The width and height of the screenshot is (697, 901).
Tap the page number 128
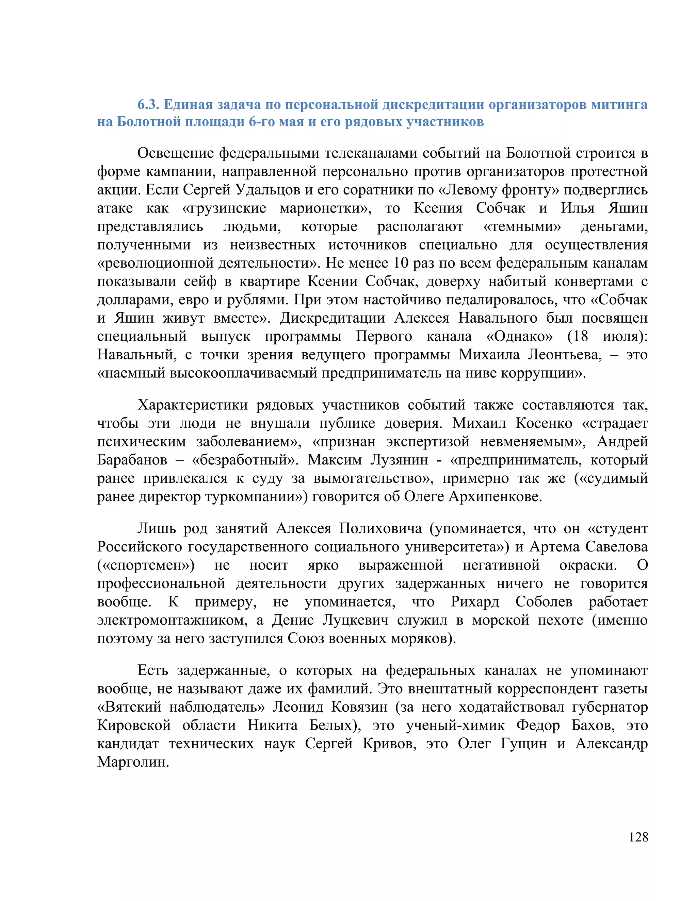pos(638,837)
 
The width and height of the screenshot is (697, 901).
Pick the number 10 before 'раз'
pos(401,263)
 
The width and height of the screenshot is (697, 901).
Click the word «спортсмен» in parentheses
pos(146,565)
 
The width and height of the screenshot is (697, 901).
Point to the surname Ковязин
pos(359,707)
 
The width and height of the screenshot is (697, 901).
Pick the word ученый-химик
pos(455,725)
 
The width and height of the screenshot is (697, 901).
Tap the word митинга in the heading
pos(619,105)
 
